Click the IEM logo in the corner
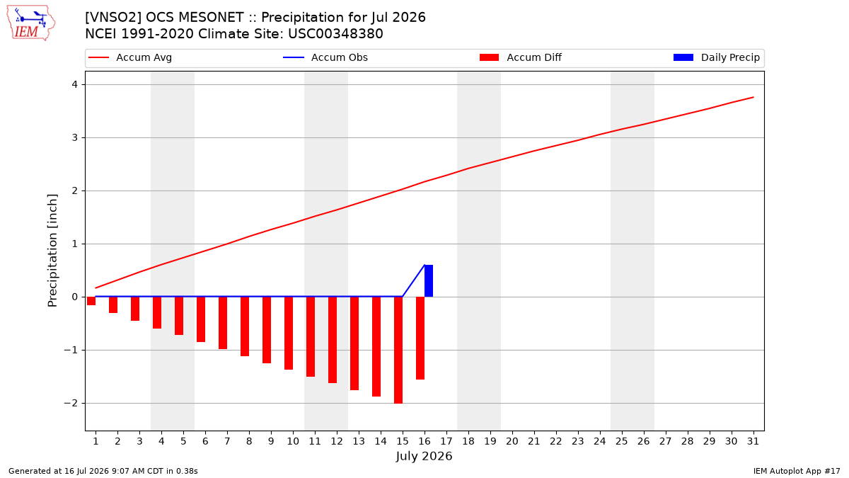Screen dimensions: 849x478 click(x=30, y=23)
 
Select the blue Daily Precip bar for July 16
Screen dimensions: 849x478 click(x=429, y=280)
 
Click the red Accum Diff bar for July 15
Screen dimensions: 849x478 click(x=398, y=350)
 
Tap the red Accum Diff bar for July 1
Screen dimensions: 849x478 click(x=91, y=301)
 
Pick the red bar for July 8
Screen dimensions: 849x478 click(x=245, y=326)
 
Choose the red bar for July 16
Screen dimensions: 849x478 click(x=420, y=338)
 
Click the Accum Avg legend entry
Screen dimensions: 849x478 click(x=130, y=57)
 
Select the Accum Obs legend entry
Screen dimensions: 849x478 click(x=325, y=57)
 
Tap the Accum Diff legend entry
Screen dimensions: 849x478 click(x=521, y=57)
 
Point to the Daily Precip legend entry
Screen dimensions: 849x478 click(x=716, y=57)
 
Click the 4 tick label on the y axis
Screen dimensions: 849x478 click(x=75, y=84)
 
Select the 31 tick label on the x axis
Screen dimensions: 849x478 click(x=753, y=441)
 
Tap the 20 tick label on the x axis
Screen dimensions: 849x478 click(x=512, y=441)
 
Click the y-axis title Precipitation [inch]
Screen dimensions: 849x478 click(x=52, y=251)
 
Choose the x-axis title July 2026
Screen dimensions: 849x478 click(x=424, y=456)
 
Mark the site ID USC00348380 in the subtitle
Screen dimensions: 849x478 click(x=335, y=34)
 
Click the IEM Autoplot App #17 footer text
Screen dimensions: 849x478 click(x=797, y=471)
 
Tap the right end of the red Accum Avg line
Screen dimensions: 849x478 click(x=753, y=98)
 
